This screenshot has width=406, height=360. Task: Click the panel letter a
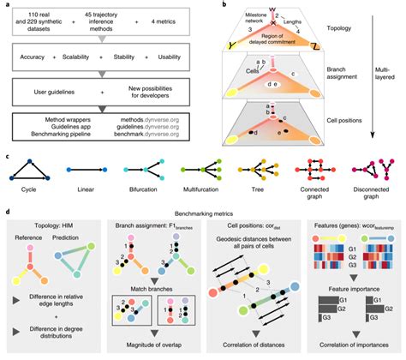pos(6,5)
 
